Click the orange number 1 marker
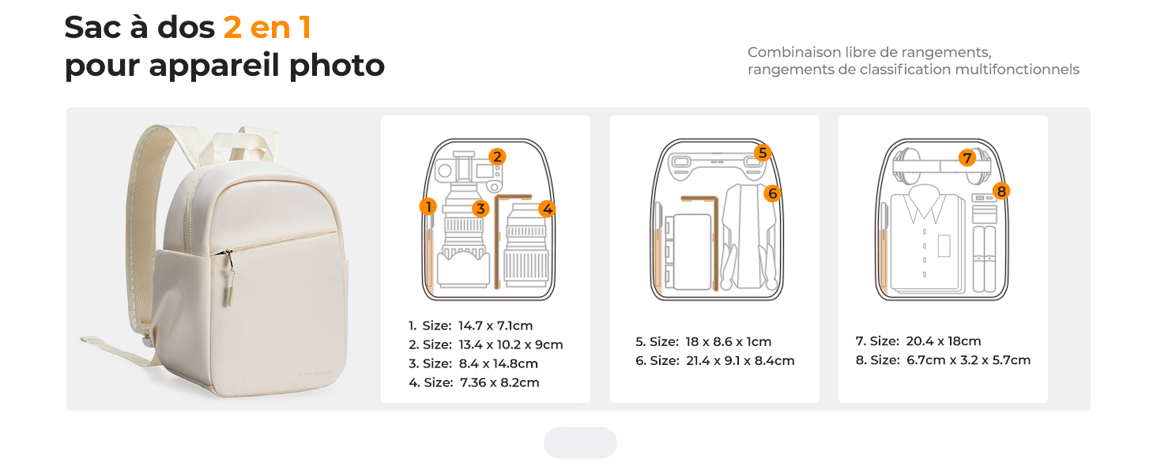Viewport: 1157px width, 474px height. point(428,206)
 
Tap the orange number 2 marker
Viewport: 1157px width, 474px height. point(497,156)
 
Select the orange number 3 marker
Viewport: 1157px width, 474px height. point(481,209)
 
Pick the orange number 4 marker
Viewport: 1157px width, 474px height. point(547,209)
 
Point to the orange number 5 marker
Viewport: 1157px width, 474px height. point(763,152)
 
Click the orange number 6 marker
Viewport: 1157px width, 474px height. point(772,194)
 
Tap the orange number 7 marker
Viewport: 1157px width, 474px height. point(967,157)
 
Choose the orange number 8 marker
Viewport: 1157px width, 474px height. point(1001,191)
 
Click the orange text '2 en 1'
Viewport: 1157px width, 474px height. point(267,27)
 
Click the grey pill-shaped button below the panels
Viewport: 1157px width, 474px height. point(580,442)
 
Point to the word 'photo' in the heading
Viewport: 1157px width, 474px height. point(337,66)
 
